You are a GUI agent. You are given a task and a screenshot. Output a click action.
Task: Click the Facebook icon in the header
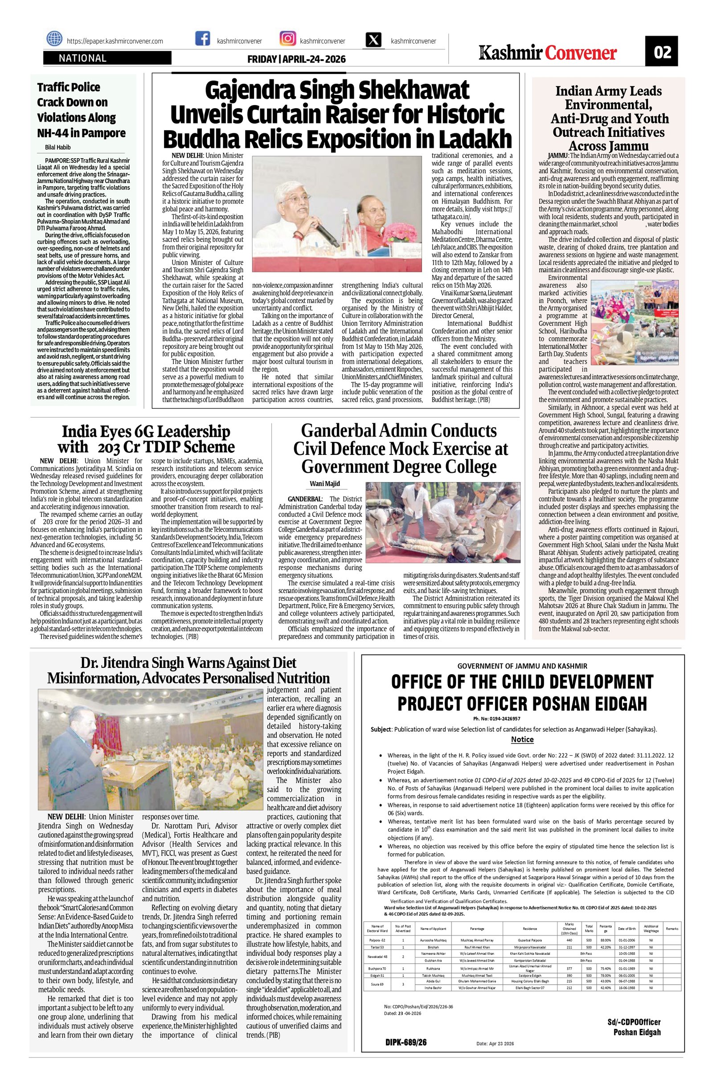(202, 39)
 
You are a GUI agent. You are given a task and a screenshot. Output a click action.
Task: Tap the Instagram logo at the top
(287, 39)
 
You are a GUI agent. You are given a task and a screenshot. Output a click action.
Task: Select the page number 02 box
(662, 53)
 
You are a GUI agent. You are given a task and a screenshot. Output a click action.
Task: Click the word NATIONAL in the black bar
(82, 58)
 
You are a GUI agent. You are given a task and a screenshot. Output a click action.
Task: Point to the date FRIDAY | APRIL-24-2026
(296, 59)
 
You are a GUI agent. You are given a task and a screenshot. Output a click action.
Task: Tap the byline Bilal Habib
(58, 147)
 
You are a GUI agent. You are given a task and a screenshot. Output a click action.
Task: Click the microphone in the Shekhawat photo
(325, 232)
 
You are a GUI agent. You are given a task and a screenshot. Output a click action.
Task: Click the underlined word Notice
(522, 739)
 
